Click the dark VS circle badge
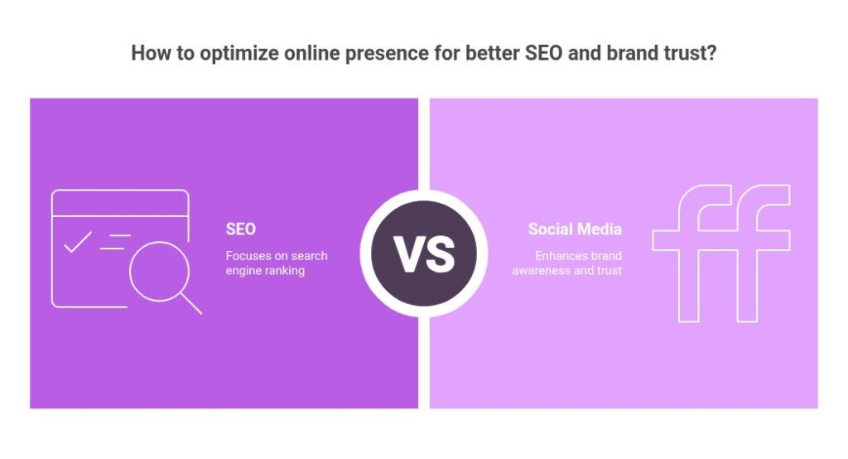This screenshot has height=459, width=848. click(424, 254)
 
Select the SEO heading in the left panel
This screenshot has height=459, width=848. click(241, 229)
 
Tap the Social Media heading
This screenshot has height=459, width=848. click(575, 229)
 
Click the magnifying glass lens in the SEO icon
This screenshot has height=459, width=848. click(160, 271)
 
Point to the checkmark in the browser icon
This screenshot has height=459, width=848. click(78, 242)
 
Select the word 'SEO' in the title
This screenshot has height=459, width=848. click(544, 53)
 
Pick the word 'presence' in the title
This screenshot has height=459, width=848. click(386, 54)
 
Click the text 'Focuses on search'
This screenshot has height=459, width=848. click(277, 255)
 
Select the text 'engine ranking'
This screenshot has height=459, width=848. click(265, 271)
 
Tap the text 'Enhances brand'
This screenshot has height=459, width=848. click(578, 255)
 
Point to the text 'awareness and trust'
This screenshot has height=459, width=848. click(566, 270)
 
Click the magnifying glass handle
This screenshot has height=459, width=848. click(191, 303)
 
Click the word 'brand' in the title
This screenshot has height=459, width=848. click(629, 53)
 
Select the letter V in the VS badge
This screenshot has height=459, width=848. click(408, 254)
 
